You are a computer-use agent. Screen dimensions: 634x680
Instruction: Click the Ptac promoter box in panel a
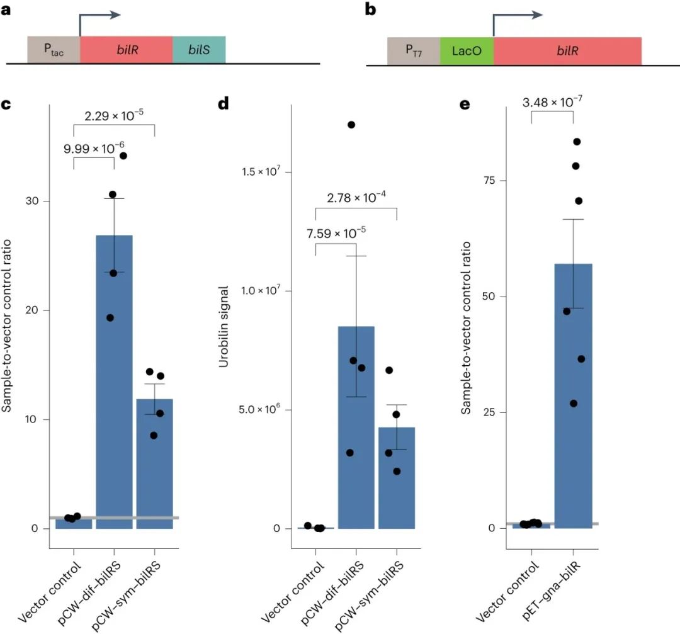54,50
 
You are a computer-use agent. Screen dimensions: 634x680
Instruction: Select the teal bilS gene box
199,50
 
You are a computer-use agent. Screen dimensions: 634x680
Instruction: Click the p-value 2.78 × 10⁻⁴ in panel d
356,199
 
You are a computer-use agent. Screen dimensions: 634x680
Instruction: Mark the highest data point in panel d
351,125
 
